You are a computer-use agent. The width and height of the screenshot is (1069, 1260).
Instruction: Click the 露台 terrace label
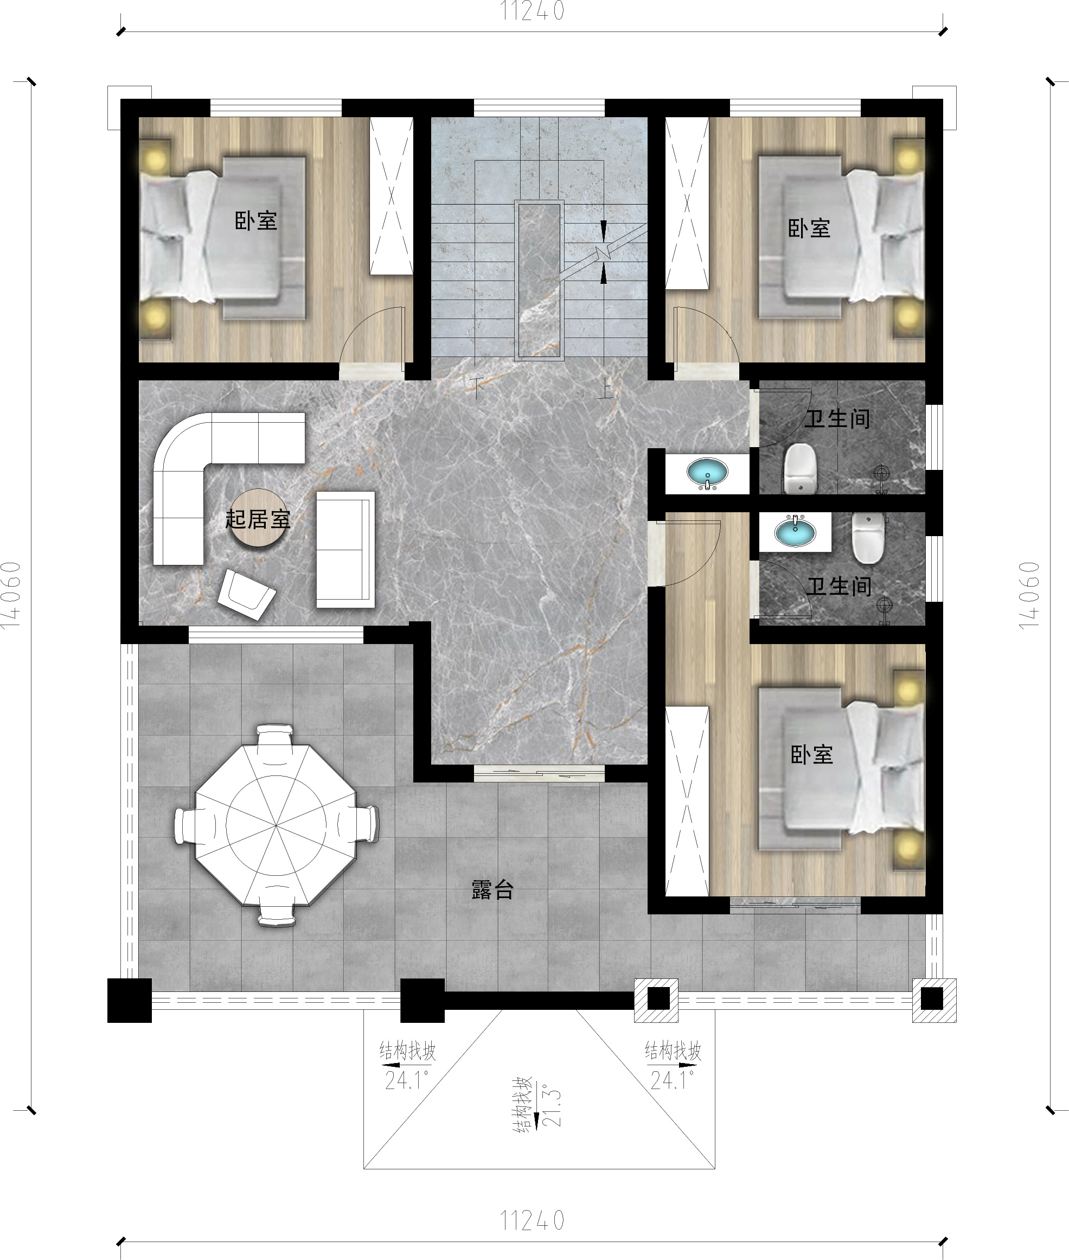[492, 890]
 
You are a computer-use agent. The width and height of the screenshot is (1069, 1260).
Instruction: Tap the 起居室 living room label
[258, 519]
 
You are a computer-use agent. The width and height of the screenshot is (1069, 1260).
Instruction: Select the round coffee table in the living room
[258, 517]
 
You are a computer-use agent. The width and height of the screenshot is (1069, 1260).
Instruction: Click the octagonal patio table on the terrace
[276, 825]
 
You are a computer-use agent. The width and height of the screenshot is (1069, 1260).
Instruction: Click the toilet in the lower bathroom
[868, 538]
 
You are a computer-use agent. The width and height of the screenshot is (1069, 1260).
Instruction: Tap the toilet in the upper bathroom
[801, 468]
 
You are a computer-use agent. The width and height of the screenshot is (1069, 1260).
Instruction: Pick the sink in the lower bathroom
[795, 531]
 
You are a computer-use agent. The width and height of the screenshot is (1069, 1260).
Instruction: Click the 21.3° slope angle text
[552, 1105]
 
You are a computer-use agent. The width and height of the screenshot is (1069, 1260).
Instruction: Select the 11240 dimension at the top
[533, 11]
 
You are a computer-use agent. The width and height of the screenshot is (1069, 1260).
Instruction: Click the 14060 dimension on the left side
[11, 595]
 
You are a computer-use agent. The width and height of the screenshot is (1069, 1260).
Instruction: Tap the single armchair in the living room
[247, 594]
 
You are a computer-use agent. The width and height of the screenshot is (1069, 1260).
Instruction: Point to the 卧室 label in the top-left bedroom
[257, 221]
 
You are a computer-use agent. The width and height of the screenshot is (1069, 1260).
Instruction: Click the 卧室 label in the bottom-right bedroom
[812, 754]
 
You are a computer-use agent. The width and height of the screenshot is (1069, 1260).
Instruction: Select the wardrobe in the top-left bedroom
[392, 195]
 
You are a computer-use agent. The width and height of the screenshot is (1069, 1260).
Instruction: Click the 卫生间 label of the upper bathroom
[837, 418]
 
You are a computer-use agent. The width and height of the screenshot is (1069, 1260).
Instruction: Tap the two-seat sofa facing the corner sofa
[345, 549]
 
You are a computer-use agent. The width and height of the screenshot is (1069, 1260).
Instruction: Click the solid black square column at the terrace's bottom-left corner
[129, 1001]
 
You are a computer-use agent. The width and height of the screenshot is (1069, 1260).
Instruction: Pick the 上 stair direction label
[604, 388]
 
